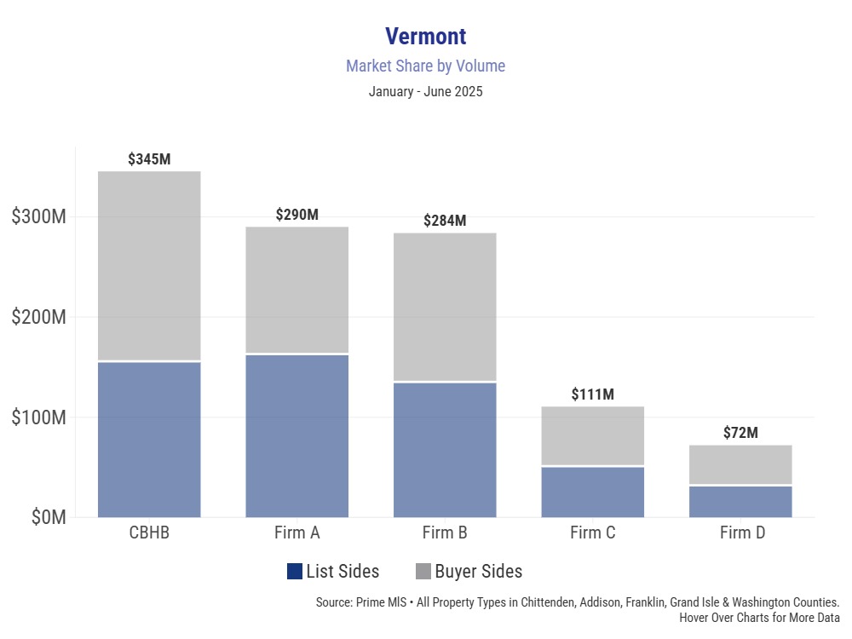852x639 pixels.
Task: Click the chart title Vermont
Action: [425, 37]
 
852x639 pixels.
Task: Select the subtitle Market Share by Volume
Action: [425, 66]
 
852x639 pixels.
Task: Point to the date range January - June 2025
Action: [425, 92]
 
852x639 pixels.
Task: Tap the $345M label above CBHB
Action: [149, 159]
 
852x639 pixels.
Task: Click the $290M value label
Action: [297, 215]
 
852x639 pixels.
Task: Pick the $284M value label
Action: [445, 221]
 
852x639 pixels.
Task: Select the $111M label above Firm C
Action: [592, 394]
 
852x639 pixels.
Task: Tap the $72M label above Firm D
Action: [740, 433]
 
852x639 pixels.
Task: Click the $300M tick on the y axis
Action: [39, 216]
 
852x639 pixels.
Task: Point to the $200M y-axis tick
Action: [39, 317]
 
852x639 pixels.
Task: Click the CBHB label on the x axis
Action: [149, 534]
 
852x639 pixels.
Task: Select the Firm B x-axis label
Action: [445, 534]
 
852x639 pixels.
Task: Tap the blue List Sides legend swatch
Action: [295, 572]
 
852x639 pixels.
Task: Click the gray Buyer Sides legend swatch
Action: [423, 572]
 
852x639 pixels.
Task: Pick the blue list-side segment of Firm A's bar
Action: [297, 435]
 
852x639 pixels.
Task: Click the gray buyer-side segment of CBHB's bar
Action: [149, 266]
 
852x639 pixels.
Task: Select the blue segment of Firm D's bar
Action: [740, 502]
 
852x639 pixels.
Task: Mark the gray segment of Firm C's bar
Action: [592, 435]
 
